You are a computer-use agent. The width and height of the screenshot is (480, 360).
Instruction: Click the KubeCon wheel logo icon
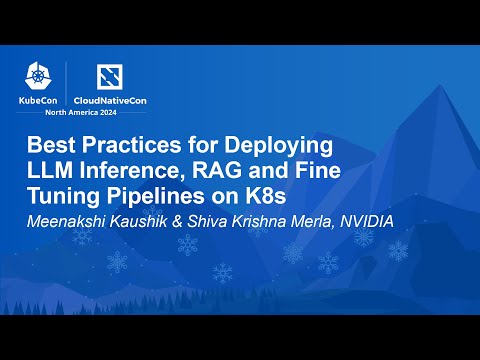pyautogui.click(x=42, y=78)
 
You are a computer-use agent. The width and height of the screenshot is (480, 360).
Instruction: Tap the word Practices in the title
pyautogui.click(x=142, y=144)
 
